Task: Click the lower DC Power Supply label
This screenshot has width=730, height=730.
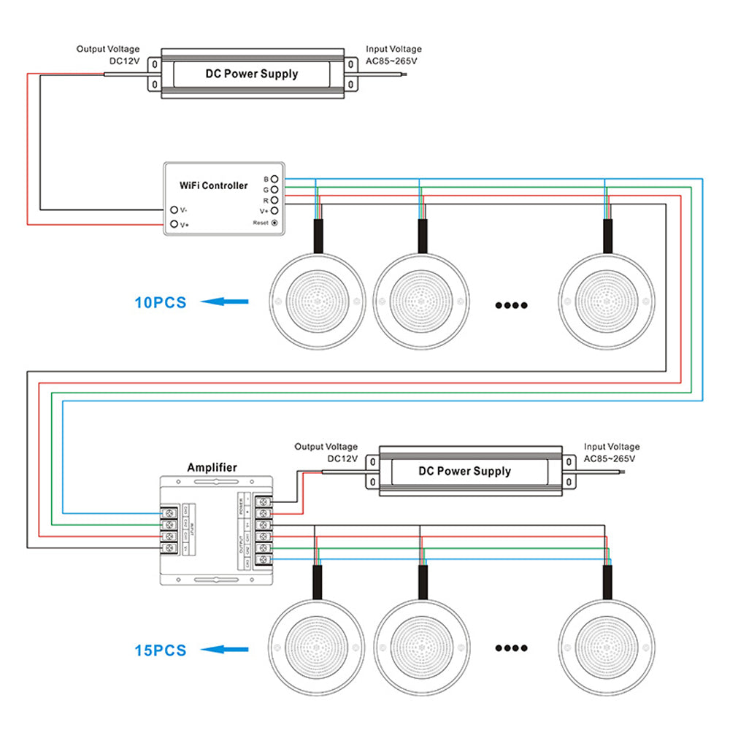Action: coord(464,471)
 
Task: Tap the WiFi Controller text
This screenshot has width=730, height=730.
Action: coord(214,185)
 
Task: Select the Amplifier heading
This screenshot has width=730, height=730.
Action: coord(212,467)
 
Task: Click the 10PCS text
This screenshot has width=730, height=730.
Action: coord(161,302)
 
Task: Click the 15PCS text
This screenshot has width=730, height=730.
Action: coord(161,650)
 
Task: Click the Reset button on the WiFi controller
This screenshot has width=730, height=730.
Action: coord(274,222)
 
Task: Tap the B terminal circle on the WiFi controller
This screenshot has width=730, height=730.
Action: coord(274,179)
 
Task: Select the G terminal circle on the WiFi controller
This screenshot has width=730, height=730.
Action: coord(274,189)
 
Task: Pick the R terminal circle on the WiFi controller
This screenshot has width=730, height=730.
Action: coord(274,199)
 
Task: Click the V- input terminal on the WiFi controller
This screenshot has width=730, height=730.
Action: coord(174,210)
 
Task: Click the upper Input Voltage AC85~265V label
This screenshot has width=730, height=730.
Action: coord(393,55)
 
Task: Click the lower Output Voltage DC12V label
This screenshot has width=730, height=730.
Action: coord(326,453)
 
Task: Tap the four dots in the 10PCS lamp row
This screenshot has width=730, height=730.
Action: coord(511,305)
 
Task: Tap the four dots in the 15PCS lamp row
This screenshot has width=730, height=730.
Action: coord(511,648)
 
